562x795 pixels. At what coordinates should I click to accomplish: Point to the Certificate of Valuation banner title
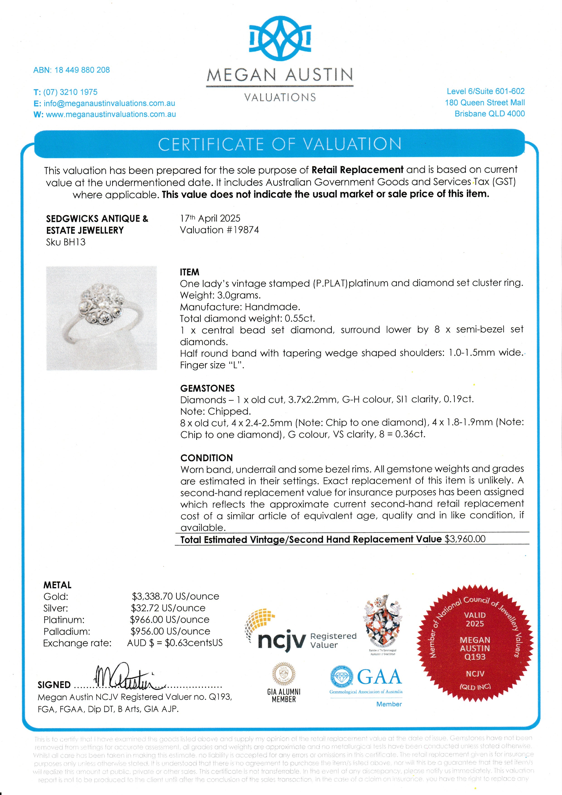point(280,144)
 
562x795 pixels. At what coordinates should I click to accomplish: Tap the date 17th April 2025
point(210,219)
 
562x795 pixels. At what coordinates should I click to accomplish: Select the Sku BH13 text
point(66,242)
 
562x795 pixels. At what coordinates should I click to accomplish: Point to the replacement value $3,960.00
point(465,539)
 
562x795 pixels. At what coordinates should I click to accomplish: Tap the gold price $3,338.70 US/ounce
point(175,596)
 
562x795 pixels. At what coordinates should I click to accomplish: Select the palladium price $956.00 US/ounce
point(170,631)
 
